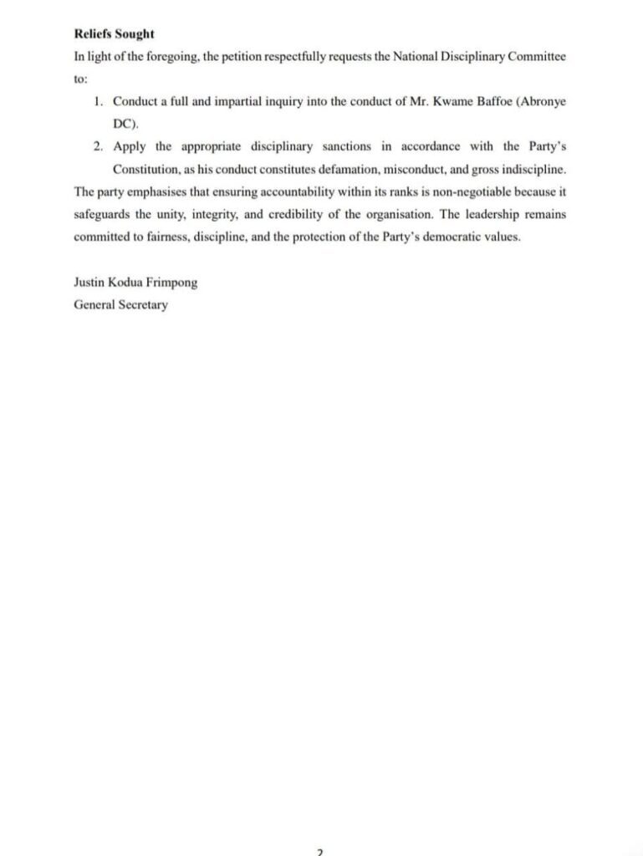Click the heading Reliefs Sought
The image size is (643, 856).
click(x=114, y=35)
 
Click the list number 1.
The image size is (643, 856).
click(x=98, y=102)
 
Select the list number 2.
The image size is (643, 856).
click(x=98, y=147)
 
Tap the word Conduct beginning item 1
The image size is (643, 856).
click(x=136, y=102)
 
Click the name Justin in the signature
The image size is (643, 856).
click(x=90, y=283)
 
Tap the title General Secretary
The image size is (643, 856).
click(x=120, y=305)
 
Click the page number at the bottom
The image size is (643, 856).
click(x=319, y=852)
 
